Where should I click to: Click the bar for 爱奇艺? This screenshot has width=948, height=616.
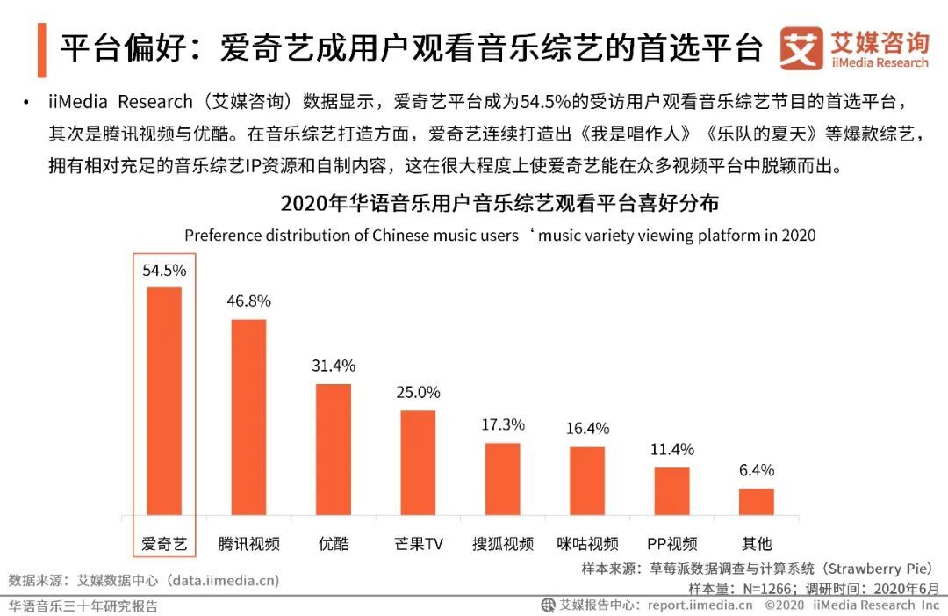pos(164,401)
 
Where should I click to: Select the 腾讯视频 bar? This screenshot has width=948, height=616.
pos(248,417)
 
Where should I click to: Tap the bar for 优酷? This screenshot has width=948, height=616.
pos(334,449)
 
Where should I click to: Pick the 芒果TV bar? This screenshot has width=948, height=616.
pos(418,462)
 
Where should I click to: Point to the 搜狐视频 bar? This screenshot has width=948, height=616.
pos(502,479)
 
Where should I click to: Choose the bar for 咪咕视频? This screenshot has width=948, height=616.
pos(587,481)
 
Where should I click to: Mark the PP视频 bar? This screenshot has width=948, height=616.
pos(671,491)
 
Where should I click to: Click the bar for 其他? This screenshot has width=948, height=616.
pos(757,502)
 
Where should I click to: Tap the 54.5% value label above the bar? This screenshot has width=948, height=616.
pos(164,271)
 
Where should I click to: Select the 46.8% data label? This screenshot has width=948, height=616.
pos(248,301)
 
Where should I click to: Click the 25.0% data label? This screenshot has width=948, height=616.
pos(418,392)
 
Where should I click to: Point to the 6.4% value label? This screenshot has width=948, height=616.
pos(757,470)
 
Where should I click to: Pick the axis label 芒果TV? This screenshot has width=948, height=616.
pos(419,543)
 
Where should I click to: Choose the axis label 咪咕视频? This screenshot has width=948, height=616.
pos(587,543)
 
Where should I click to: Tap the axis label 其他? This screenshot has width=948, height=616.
pos(757,543)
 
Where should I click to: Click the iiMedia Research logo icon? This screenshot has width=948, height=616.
pos(801,48)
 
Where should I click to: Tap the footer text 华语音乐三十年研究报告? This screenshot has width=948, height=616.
pos(84,605)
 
